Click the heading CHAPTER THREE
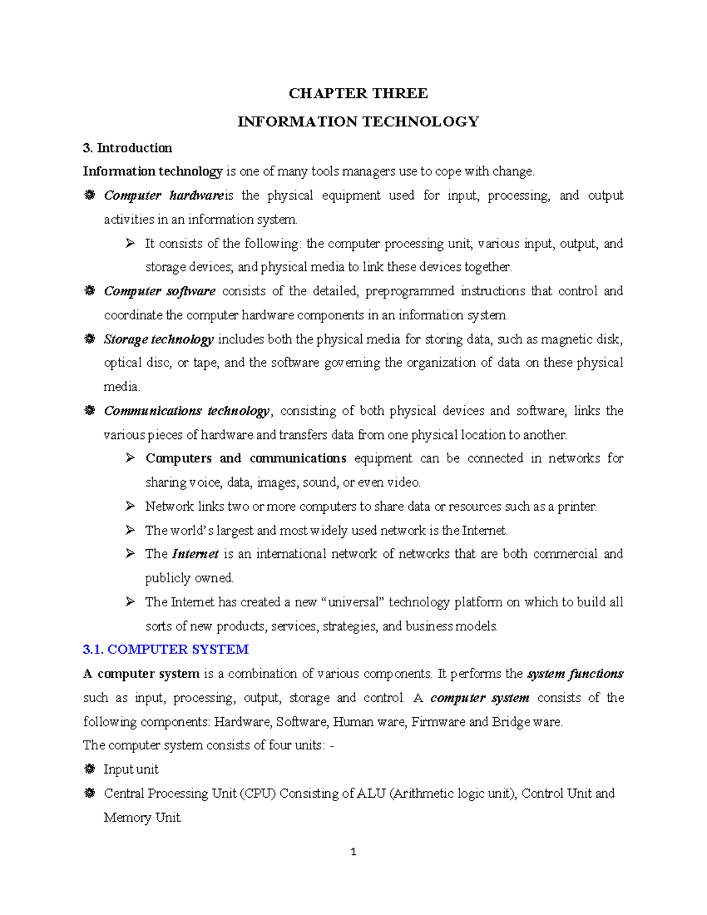pyautogui.click(x=358, y=94)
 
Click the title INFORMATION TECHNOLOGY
pyautogui.click(x=358, y=122)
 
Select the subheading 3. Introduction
pyautogui.click(x=127, y=148)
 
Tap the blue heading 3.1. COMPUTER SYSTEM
pyautogui.click(x=166, y=649)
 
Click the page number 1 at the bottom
pyautogui.click(x=353, y=851)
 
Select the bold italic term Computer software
pyautogui.click(x=159, y=291)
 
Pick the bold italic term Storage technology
pyautogui.click(x=158, y=339)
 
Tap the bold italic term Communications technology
pyautogui.click(x=186, y=411)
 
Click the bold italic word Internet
pyautogui.click(x=195, y=554)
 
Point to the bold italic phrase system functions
pyautogui.click(x=574, y=673)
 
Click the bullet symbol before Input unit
pyautogui.click(x=89, y=769)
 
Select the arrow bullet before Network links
pyautogui.click(x=130, y=506)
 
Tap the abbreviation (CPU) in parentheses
pyautogui.click(x=257, y=794)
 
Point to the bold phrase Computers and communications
pyautogui.click(x=246, y=458)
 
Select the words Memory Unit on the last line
pyautogui.click(x=142, y=818)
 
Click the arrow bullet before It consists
pyautogui.click(x=130, y=243)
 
